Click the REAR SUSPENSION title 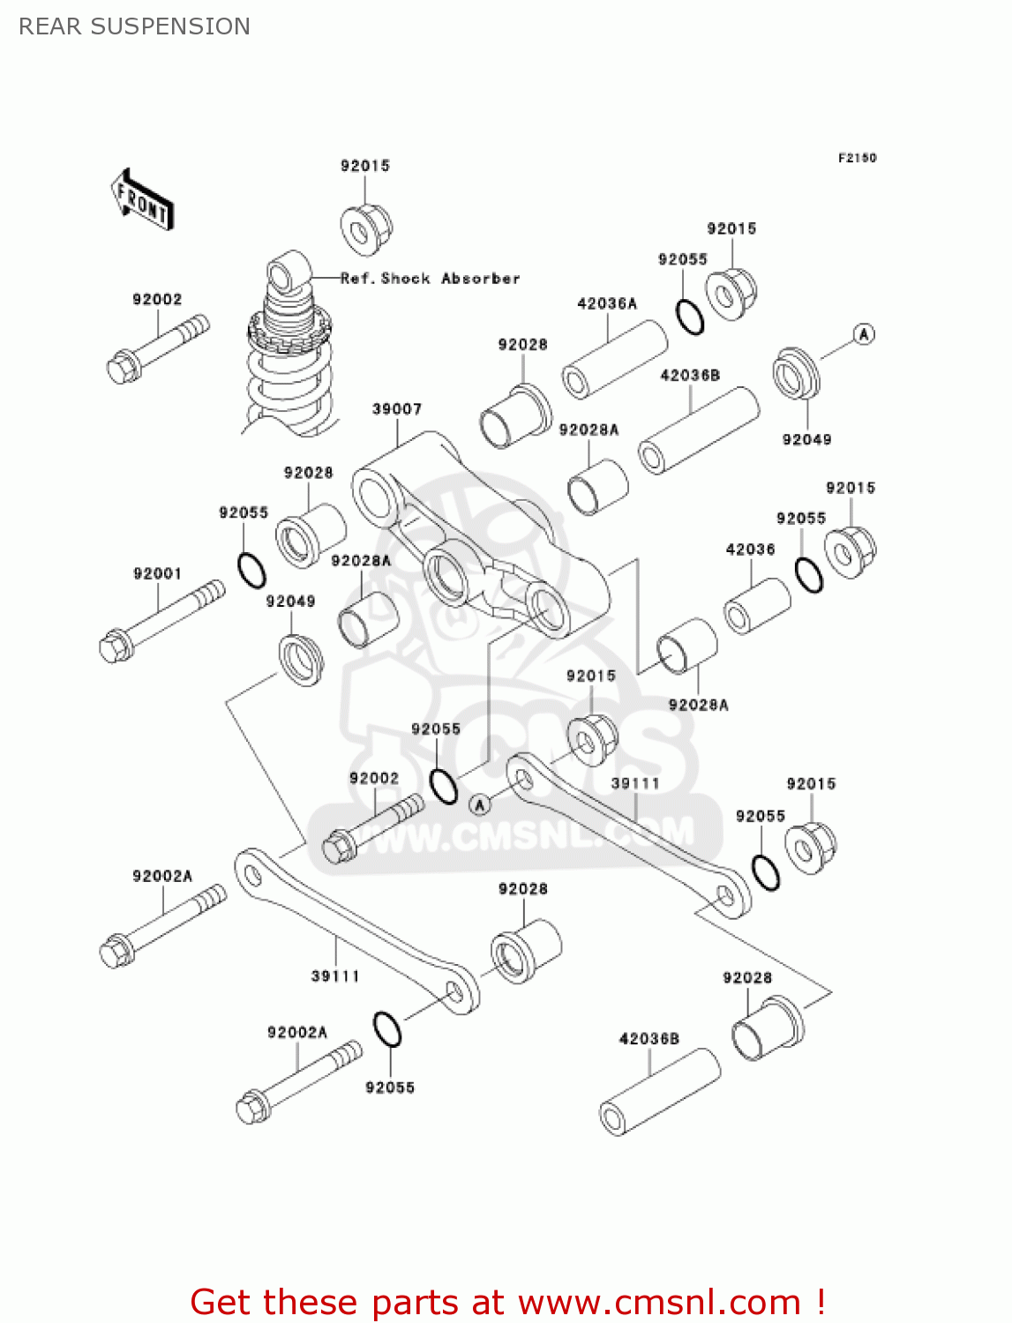[x=134, y=26]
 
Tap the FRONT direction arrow [x=142, y=201]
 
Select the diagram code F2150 [x=857, y=158]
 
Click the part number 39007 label [x=397, y=409]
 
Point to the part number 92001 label [x=157, y=573]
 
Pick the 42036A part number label [x=606, y=303]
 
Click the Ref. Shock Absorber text [x=431, y=279]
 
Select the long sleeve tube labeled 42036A [x=615, y=360]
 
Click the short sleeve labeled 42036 [x=757, y=606]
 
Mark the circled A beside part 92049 [x=864, y=334]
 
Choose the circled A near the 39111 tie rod [x=479, y=804]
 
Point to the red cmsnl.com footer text [x=507, y=1302]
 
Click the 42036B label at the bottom [x=648, y=1039]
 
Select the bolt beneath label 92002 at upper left [x=157, y=349]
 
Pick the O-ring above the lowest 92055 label [x=387, y=1029]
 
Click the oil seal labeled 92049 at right [x=797, y=375]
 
